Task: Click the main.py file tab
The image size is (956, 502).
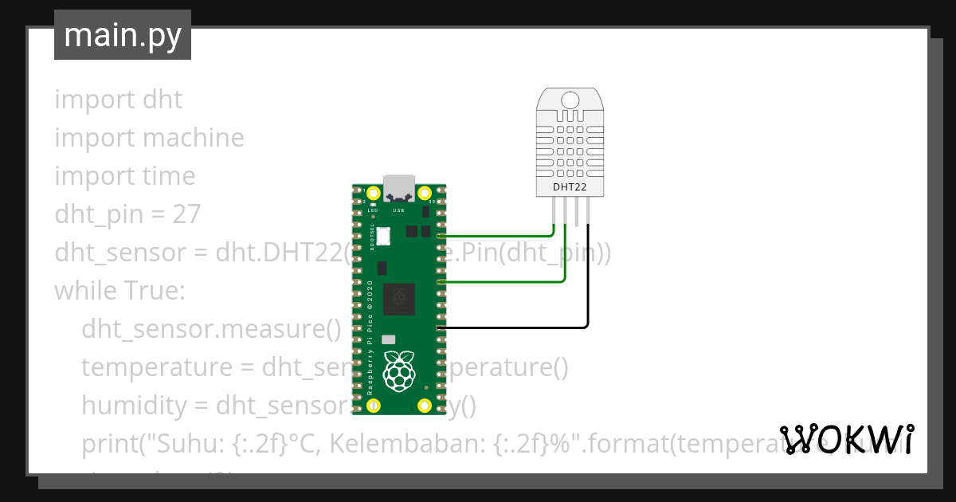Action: pyautogui.click(x=122, y=35)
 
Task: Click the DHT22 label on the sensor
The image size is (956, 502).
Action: pyautogui.click(x=570, y=187)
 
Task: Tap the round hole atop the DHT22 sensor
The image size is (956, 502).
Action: pyautogui.click(x=570, y=100)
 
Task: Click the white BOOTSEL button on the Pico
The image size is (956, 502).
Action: pyautogui.click(x=385, y=236)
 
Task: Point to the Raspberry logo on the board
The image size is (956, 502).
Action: pyautogui.click(x=399, y=370)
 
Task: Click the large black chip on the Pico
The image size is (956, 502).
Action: pyautogui.click(x=399, y=299)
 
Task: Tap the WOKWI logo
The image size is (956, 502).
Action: pyautogui.click(x=847, y=439)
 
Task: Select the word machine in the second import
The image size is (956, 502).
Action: pyautogui.click(x=194, y=138)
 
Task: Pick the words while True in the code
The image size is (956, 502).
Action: pyautogui.click(x=119, y=291)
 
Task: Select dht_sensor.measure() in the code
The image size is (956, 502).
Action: pyautogui.click(x=211, y=329)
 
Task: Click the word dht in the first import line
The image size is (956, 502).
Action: pyautogui.click(x=163, y=100)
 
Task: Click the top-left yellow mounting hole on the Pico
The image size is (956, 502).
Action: pyautogui.click(x=373, y=193)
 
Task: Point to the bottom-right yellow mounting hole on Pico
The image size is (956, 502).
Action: pyautogui.click(x=425, y=406)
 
